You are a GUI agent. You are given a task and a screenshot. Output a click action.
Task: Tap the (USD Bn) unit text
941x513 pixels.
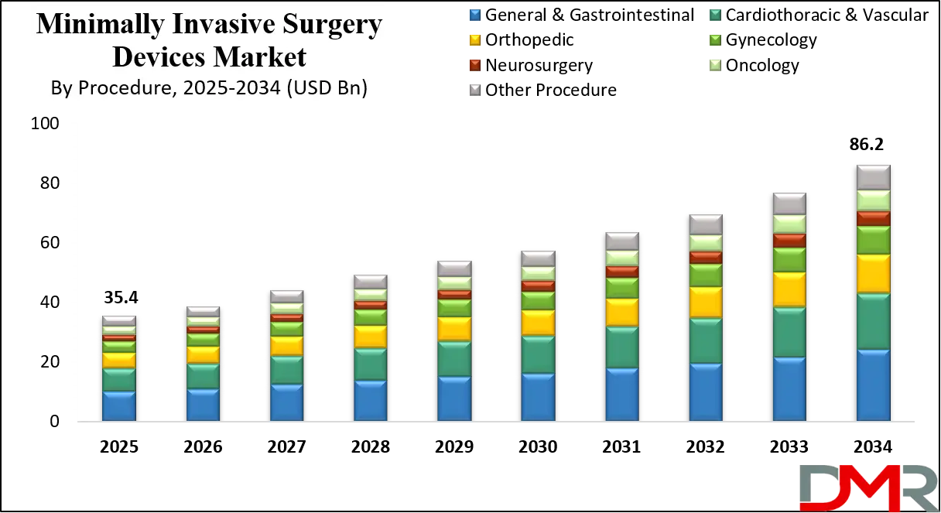tap(326, 90)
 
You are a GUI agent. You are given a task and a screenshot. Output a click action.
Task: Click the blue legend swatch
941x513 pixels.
tap(474, 15)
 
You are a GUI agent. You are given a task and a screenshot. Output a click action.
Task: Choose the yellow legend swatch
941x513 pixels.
tap(474, 39)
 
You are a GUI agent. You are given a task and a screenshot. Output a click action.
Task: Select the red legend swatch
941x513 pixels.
tap(474, 64)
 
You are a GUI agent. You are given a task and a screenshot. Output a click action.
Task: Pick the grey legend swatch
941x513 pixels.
tap(474, 89)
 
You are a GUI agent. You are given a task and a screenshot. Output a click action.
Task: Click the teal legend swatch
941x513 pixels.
tap(715, 15)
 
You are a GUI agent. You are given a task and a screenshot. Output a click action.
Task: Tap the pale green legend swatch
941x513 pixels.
tap(715, 64)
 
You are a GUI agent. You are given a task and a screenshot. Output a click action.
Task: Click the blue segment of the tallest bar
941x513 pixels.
tap(873, 385)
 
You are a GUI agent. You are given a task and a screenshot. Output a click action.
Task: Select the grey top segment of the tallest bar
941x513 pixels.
tap(873, 176)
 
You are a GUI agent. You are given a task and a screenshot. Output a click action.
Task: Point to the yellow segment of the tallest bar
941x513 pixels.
tap(873, 273)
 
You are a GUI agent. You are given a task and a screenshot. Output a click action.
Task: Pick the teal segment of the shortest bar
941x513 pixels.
tap(119, 379)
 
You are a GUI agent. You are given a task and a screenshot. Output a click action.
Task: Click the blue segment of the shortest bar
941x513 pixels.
tap(119, 405)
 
